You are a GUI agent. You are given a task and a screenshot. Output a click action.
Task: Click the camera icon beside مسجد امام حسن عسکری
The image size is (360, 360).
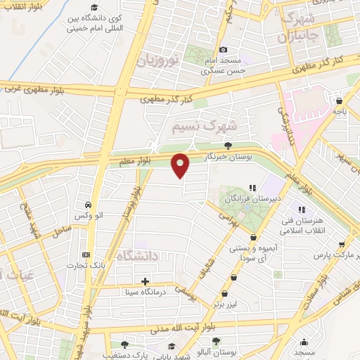pyautogui.click(x=224, y=50)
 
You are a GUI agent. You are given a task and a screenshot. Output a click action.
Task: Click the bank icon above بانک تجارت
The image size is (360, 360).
pyautogui.click(x=86, y=255)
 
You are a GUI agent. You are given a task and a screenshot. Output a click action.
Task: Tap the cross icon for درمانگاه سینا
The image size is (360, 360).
pyautogui.click(x=145, y=281)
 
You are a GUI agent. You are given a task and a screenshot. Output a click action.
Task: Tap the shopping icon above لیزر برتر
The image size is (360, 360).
pyautogui.click(x=224, y=294)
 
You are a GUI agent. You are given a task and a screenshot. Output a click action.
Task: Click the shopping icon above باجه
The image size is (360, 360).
pyautogui.click(x=340, y=101)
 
